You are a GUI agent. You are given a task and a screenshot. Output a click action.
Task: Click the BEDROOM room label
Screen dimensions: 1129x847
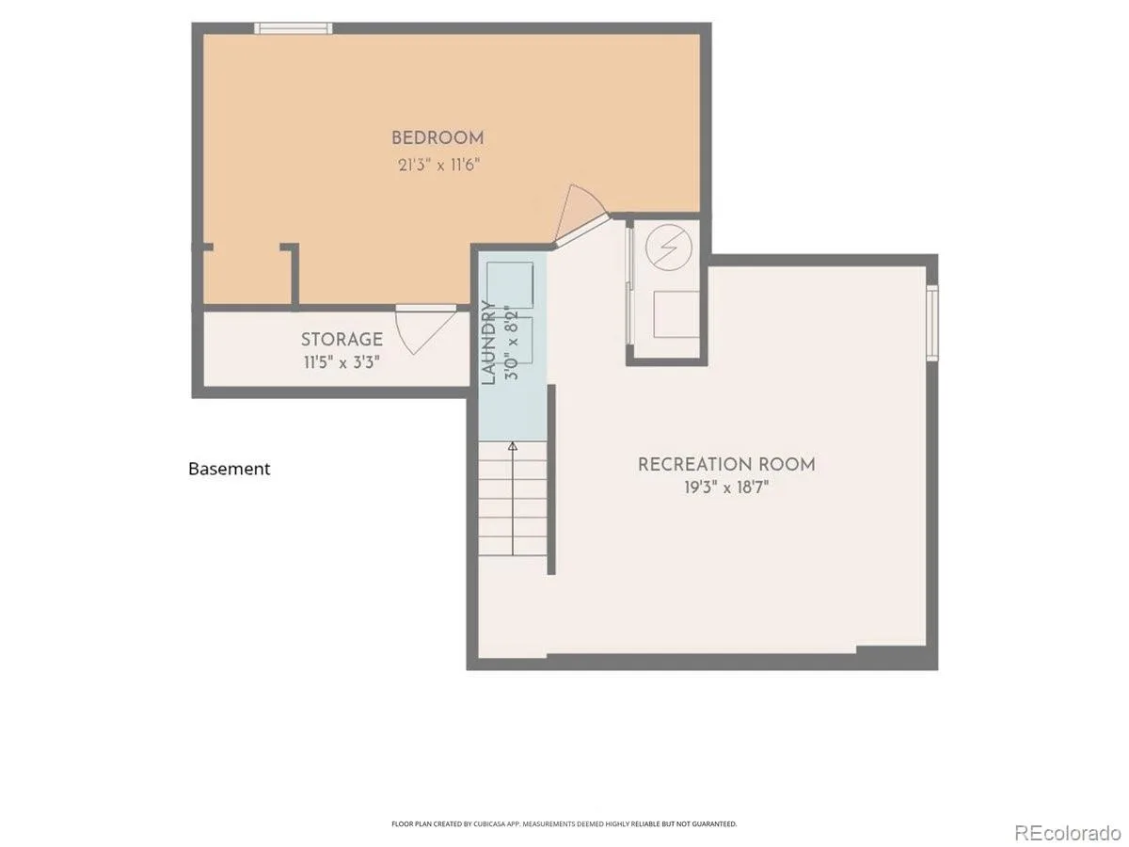(437, 137)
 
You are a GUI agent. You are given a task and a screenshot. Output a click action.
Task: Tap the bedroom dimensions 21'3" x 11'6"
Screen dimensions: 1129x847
(438, 165)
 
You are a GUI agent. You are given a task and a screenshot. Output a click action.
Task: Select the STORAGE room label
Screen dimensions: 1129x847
(342, 340)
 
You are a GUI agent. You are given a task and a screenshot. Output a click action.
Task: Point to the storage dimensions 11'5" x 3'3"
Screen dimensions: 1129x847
(342, 362)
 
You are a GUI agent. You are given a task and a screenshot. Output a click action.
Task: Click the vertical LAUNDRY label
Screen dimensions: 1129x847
(489, 343)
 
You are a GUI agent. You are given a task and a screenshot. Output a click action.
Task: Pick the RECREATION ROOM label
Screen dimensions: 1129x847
(726, 464)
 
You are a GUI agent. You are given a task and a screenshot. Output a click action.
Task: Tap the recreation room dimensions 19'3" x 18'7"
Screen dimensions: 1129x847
(726, 487)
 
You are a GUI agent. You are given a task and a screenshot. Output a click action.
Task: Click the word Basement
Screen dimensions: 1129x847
(229, 469)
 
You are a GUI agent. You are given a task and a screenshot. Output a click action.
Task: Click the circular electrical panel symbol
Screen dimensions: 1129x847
(669, 248)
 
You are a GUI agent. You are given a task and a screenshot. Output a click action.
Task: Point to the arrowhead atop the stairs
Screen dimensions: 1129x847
(513, 446)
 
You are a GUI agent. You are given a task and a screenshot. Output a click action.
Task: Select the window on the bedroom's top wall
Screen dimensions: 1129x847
(294, 28)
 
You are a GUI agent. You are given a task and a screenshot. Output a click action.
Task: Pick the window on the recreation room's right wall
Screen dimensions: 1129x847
(932, 323)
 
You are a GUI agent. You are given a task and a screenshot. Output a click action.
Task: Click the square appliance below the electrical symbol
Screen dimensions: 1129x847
(676, 314)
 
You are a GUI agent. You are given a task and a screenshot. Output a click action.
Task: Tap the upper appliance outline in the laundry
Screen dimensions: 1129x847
(510, 285)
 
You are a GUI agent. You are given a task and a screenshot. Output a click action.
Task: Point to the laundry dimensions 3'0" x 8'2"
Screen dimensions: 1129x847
(513, 343)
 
